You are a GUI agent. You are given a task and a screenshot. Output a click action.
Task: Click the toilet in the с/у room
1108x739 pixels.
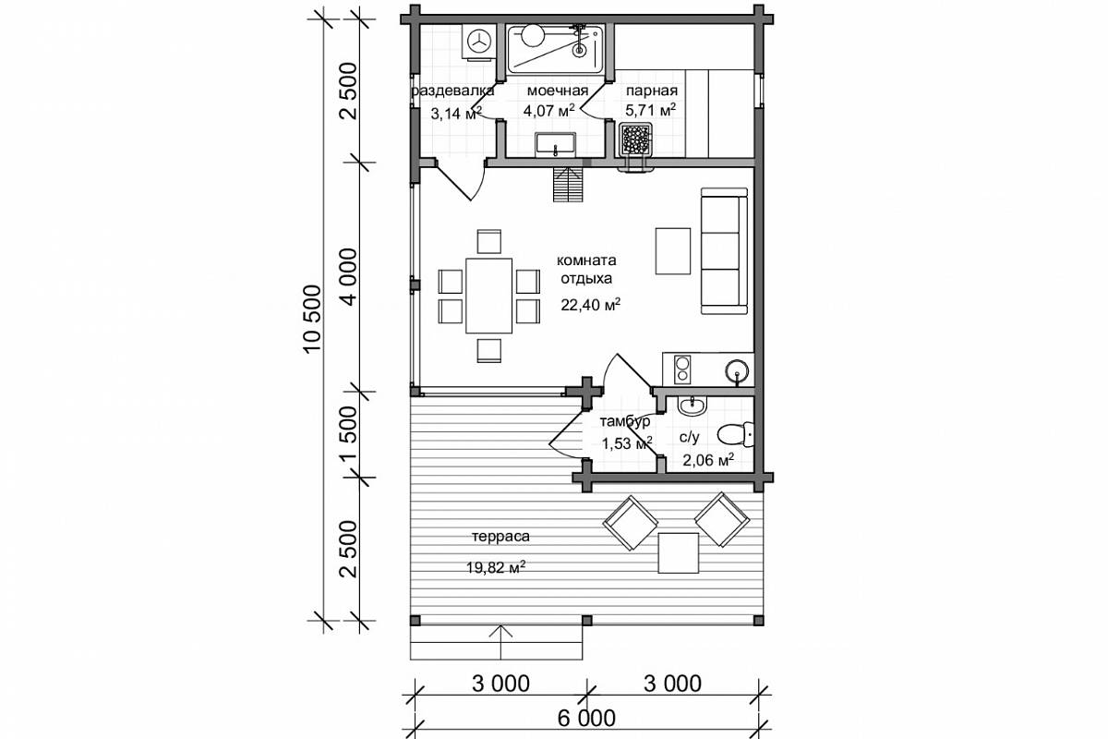coord(735,434)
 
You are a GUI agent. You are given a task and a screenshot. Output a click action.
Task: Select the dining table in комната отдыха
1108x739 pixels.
coord(488,296)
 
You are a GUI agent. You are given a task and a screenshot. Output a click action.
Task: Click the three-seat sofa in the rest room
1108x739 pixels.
coord(724,251)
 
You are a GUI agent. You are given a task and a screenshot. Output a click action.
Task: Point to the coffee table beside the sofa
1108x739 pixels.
coord(673,251)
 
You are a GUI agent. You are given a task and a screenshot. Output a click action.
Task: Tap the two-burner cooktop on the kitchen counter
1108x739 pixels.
coord(683,369)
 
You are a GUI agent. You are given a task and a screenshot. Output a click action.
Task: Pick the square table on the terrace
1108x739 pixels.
coord(678,553)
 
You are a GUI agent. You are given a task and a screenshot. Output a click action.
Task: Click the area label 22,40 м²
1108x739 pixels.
coord(591,305)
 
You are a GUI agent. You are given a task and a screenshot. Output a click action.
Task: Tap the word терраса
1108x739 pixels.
coord(500,536)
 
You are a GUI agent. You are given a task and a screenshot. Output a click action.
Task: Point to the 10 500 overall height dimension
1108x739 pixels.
coord(313,319)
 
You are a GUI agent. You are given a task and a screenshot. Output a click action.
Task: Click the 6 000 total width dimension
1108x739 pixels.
coord(586,718)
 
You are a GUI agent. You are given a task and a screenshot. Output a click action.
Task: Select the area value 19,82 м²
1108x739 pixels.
coord(496,567)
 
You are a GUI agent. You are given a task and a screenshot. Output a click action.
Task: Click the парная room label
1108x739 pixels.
coord(652,91)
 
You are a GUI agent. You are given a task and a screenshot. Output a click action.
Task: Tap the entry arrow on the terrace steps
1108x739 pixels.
coord(501,642)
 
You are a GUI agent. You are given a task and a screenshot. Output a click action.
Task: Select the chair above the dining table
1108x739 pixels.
coord(489,241)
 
